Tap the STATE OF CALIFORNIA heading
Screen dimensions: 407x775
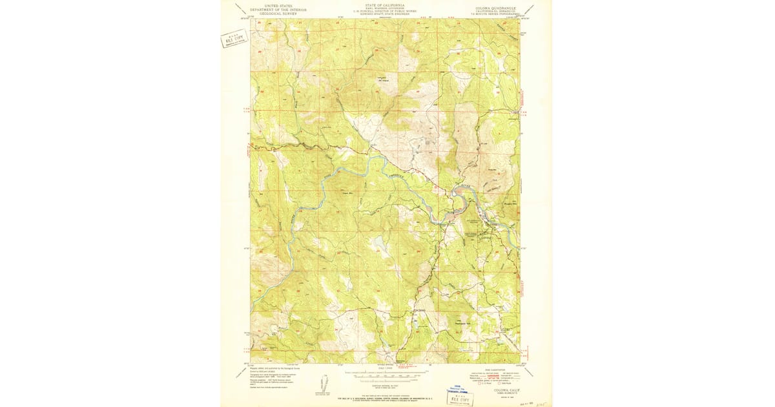(x=385, y=5)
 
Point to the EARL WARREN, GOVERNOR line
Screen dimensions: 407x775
(x=385, y=8)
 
